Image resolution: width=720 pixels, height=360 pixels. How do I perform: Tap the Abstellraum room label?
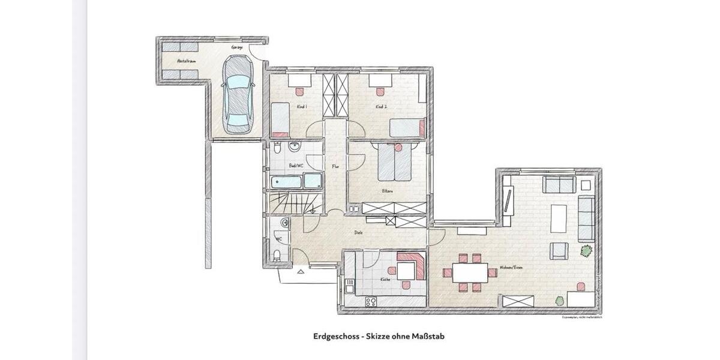point(184,61)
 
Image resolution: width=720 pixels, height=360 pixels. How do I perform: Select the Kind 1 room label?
point(302,107)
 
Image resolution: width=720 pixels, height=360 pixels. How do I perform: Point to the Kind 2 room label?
point(381,107)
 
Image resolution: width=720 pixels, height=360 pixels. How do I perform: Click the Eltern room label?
point(387,191)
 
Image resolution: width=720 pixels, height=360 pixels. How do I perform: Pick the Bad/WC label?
point(295,165)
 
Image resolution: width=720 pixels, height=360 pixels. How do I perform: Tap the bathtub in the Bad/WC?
point(286,181)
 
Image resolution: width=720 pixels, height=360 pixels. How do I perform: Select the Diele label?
point(358,232)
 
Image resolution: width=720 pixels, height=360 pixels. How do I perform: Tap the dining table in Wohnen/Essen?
point(470,273)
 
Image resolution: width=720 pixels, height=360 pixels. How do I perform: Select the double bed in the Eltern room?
point(396,163)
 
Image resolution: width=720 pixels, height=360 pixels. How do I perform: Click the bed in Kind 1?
point(280,118)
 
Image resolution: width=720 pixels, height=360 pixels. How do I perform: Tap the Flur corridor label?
point(335,167)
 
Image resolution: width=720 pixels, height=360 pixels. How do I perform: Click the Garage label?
point(236,47)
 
